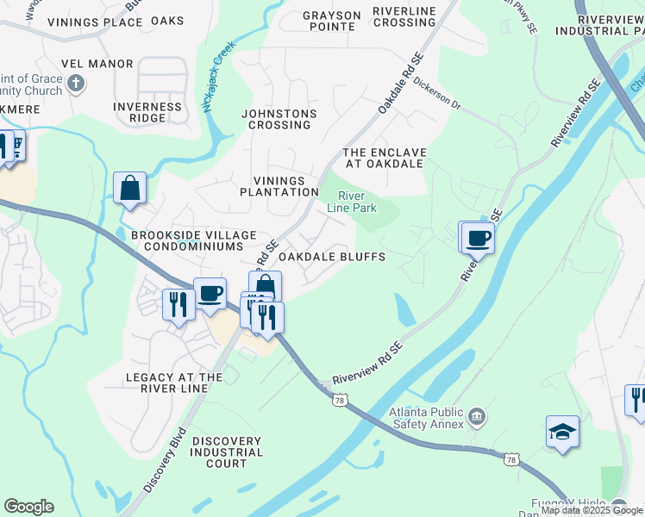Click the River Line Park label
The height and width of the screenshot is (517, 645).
pyautogui.click(x=352, y=202)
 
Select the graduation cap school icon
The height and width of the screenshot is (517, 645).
pyautogui.click(x=562, y=432)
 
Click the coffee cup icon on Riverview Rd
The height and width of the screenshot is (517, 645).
pyautogui.click(x=478, y=238)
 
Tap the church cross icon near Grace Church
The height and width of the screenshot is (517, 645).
pyautogui.click(x=76, y=84)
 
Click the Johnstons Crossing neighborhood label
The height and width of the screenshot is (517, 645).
pyautogui.click(x=279, y=119)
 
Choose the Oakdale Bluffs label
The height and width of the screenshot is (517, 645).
pyautogui.click(x=331, y=257)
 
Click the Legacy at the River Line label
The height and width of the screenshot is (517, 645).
pyautogui.click(x=174, y=383)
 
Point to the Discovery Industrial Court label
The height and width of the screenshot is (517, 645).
pyautogui.click(x=226, y=452)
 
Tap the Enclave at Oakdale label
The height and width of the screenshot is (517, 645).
pyautogui.click(x=384, y=157)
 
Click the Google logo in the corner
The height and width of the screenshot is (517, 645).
pyautogui.click(x=28, y=507)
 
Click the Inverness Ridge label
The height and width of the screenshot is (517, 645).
pyautogui.click(x=147, y=113)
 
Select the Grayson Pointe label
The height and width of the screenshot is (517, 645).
pyautogui.click(x=332, y=21)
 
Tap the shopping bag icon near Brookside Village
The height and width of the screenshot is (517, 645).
pyautogui.click(x=129, y=188)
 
